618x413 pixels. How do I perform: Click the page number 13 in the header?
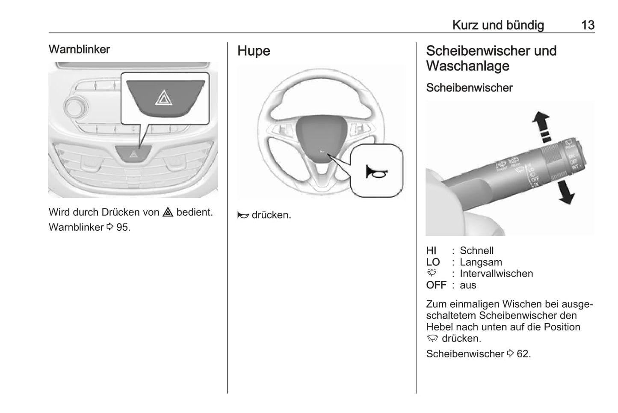(588, 25)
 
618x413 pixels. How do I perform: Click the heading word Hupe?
(254, 51)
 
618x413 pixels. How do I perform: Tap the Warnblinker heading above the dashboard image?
(79, 49)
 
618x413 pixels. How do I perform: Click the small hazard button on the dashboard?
(134, 153)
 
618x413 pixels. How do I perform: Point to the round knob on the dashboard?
(74, 107)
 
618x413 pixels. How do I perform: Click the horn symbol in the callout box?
(376, 172)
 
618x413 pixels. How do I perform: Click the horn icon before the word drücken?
(243, 215)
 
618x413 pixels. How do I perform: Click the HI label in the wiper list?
(431, 251)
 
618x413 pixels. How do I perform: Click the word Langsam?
(481, 262)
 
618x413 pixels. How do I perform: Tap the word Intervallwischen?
(496, 274)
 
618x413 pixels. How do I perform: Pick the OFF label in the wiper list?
(436, 285)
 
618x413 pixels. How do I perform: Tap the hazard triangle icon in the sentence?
(168, 212)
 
